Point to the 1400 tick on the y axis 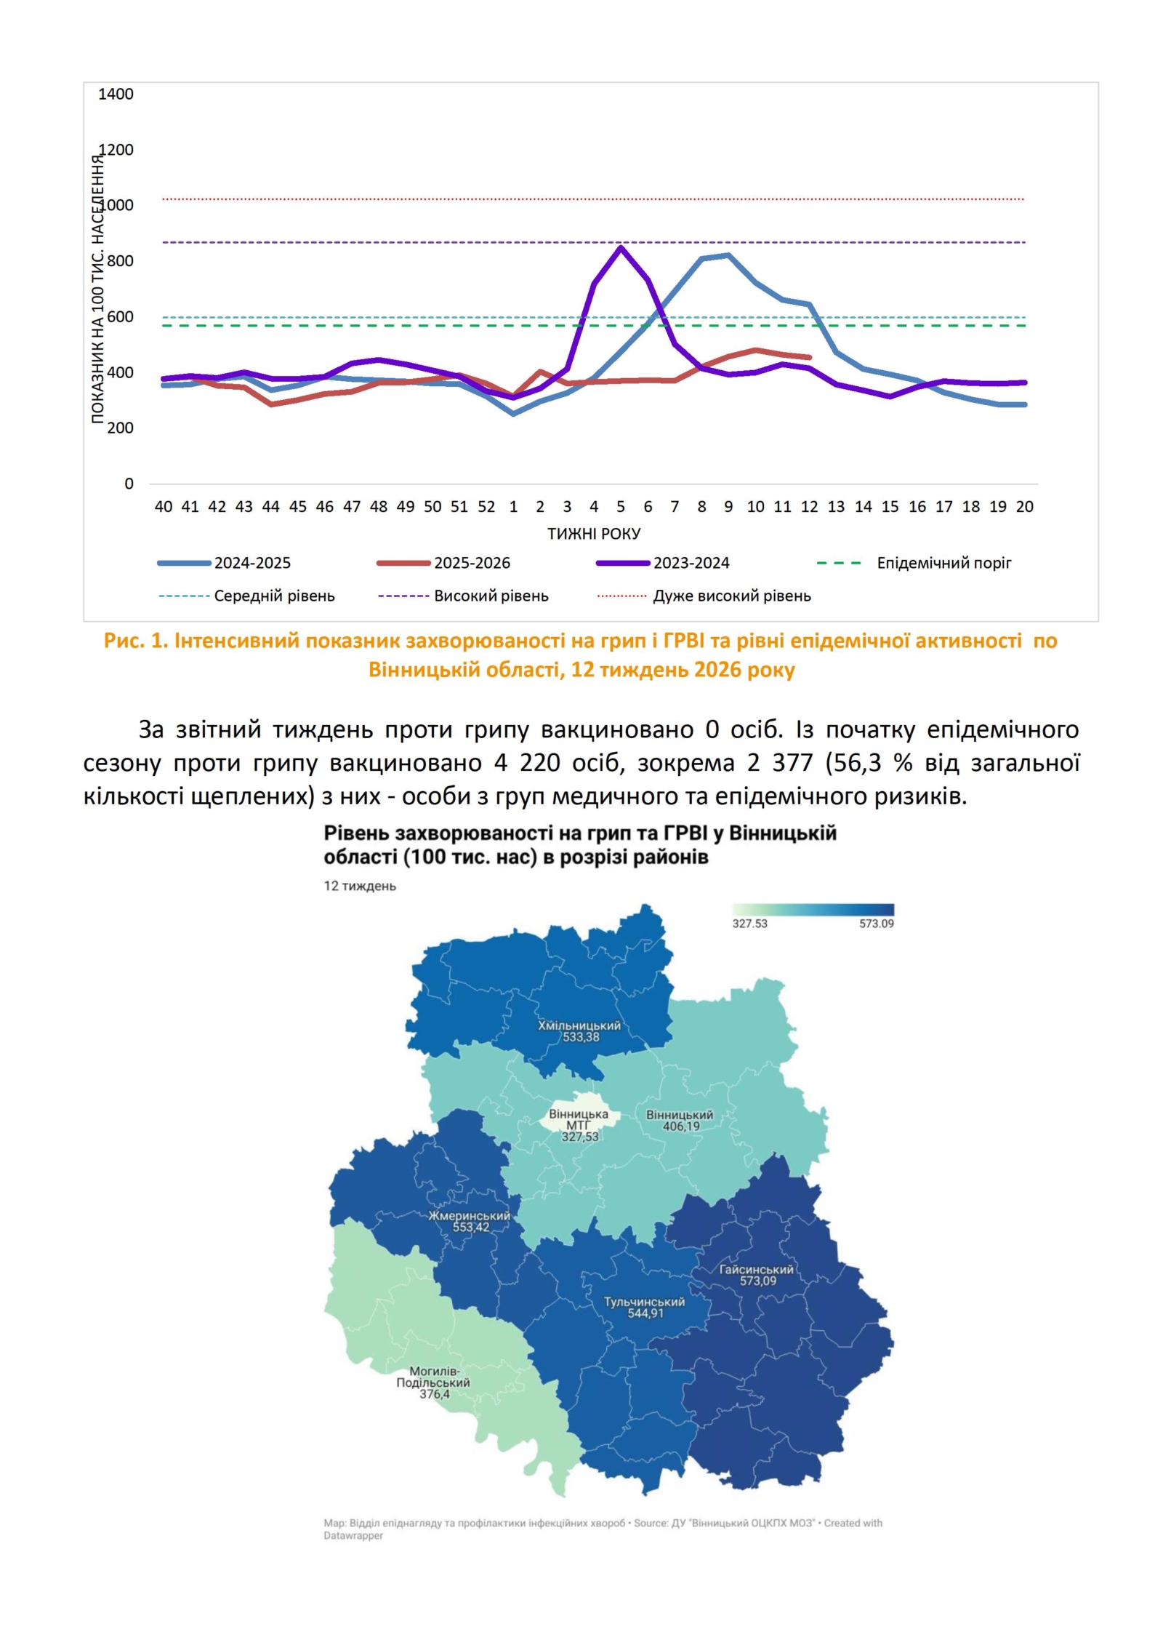point(116,94)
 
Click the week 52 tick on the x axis point(486,507)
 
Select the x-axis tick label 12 point(809,507)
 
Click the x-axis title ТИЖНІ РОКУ point(594,534)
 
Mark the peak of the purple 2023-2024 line point(621,248)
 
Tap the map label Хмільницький point(579,1026)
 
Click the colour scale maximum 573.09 point(877,924)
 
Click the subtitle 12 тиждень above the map point(360,886)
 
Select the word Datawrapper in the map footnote point(353,1536)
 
